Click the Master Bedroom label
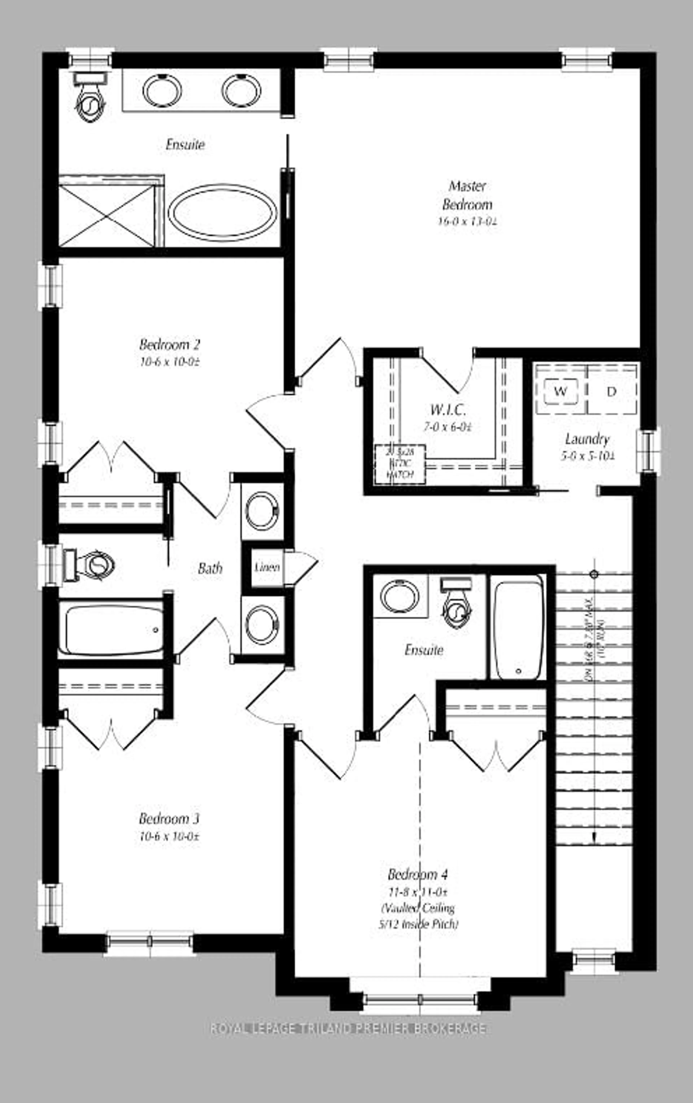click(467, 195)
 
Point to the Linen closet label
click(267, 567)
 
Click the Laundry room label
click(587, 439)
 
